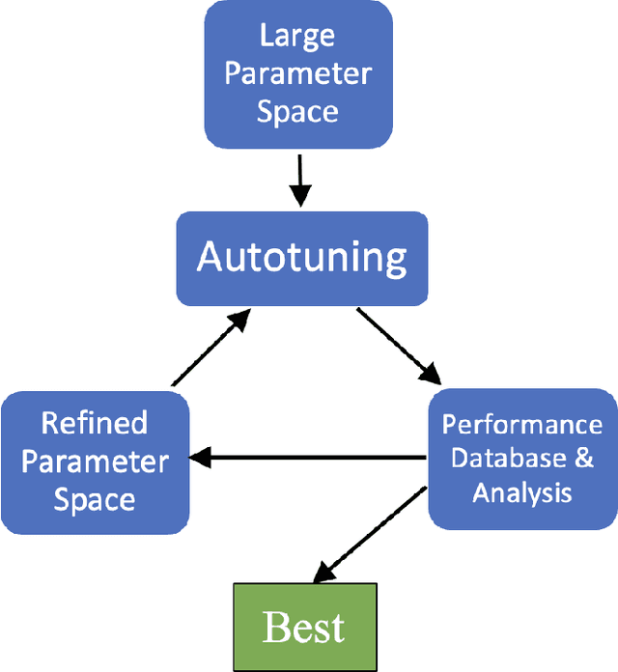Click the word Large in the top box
[x=297, y=36]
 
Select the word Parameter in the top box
[x=297, y=73]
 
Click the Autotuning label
[x=301, y=257]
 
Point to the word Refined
[x=94, y=423]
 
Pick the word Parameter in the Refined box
[x=94, y=461]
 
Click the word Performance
[x=521, y=425]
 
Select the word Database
[x=505, y=458]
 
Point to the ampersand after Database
[x=583, y=458]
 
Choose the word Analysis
[x=521, y=492]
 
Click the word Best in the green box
[x=303, y=628]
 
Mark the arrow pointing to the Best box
[x=368, y=536]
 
